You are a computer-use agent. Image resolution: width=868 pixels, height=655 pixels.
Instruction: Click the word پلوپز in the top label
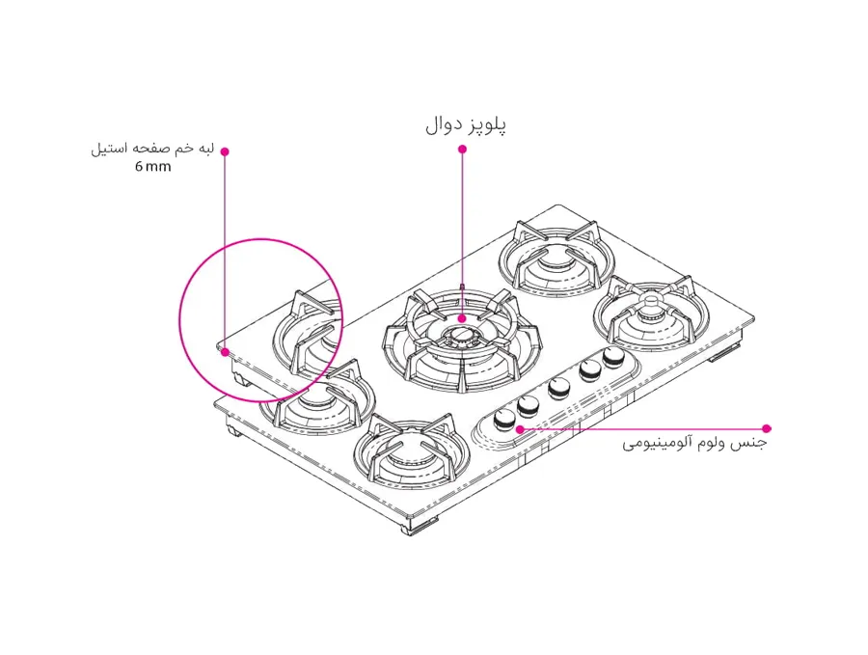[486, 125]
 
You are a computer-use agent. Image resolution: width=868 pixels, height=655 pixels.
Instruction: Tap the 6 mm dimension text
[152, 167]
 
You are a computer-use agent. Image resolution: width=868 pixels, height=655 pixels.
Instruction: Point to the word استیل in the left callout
[108, 150]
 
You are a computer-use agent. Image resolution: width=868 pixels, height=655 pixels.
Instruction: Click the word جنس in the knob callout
[752, 445]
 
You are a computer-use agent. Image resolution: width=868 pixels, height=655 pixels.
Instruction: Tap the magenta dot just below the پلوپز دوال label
[462, 149]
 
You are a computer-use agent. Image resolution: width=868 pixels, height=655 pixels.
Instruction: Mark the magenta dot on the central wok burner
[462, 318]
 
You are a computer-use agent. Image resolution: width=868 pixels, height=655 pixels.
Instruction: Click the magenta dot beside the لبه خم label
[225, 150]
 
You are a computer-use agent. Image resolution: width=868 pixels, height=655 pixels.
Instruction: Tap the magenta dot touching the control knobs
[520, 428]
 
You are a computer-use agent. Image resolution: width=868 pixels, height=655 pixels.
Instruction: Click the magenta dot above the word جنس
[767, 428]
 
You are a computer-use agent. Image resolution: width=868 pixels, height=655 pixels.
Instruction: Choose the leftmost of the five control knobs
[502, 418]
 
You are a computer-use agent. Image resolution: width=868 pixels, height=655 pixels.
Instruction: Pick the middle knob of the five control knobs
[557, 389]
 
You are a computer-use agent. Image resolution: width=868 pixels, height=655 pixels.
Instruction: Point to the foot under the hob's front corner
[420, 529]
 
